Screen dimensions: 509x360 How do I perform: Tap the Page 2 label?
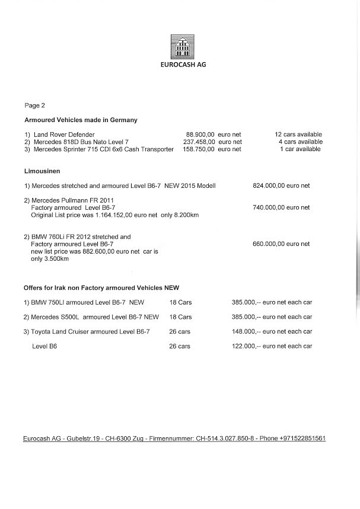pyautogui.click(x=34, y=105)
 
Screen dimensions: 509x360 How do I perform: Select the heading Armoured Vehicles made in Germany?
pyautogui.click(x=81, y=120)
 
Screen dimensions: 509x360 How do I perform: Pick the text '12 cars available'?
pyautogui.click(x=298, y=135)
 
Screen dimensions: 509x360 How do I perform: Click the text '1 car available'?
pyautogui.click(x=300, y=149)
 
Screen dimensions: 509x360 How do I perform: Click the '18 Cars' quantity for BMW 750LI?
pyautogui.click(x=180, y=302)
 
